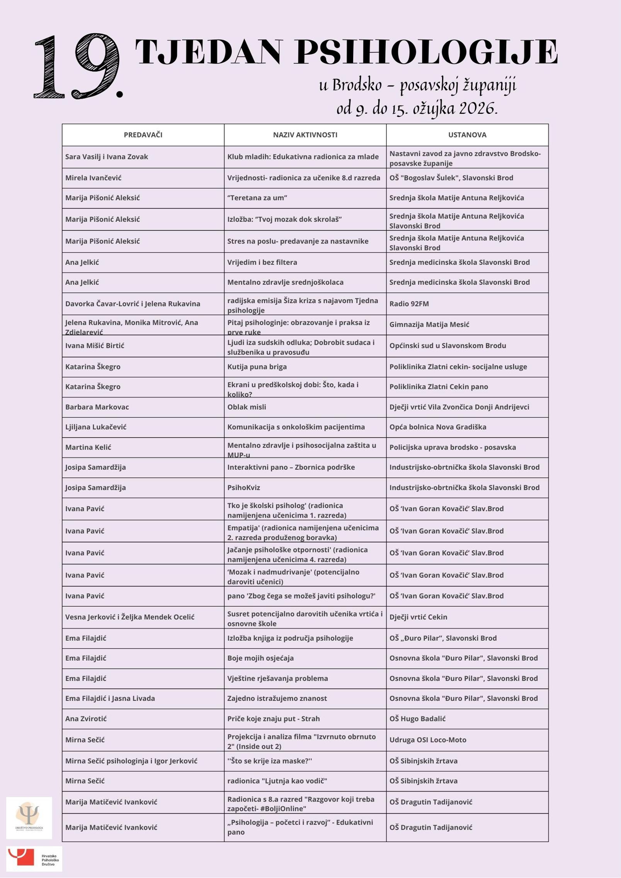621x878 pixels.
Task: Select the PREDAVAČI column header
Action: tap(143, 135)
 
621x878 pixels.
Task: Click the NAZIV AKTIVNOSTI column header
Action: tap(305, 135)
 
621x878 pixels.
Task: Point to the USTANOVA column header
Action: tap(467, 135)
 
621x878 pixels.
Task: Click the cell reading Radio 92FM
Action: tap(409, 304)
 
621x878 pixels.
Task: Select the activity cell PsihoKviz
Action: tap(244, 487)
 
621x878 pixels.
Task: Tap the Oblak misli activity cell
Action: tap(247, 407)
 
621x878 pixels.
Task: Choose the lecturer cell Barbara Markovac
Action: tap(97, 407)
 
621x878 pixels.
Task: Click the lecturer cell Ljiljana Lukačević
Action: tap(96, 427)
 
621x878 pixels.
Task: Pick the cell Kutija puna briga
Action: tap(257, 367)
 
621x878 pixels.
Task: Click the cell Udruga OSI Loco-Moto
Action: tap(427, 740)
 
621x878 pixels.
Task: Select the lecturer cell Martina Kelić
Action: tap(88, 447)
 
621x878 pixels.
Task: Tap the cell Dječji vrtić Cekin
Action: tap(418, 617)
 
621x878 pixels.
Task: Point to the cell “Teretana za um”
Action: tap(257, 198)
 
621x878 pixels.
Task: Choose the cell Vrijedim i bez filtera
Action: tap(262, 262)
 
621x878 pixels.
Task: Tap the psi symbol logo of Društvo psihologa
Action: tap(29, 818)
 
